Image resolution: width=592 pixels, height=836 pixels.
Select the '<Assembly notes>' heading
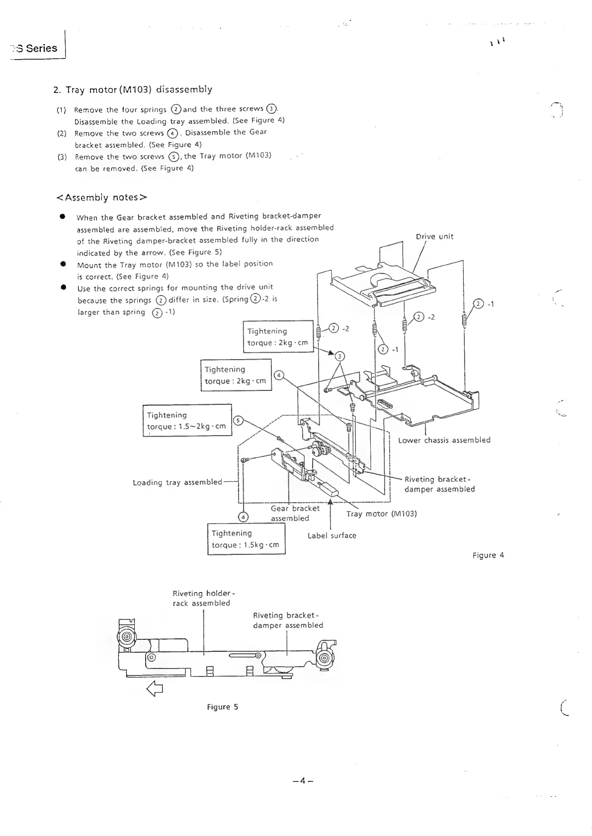(102, 198)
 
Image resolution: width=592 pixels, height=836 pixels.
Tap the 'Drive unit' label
(434, 236)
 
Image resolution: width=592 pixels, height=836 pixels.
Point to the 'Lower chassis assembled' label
(444, 440)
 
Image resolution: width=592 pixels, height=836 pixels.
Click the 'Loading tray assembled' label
(177, 482)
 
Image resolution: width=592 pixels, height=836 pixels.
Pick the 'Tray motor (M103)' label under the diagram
(381, 514)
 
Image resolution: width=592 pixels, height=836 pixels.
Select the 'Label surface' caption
(332, 535)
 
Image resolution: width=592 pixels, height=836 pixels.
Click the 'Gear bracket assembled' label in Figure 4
(295, 513)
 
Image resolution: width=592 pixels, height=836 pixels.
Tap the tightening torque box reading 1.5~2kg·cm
(187, 420)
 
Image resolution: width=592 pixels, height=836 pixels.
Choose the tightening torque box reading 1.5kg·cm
(246, 539)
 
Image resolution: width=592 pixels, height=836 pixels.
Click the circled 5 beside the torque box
(238, 421)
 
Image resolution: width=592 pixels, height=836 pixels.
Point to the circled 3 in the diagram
(339, 356)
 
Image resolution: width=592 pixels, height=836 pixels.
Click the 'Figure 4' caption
(488, 555)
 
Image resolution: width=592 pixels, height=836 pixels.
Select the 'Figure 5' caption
(222, 707)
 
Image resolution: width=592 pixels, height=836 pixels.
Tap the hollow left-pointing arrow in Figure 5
(155, 689)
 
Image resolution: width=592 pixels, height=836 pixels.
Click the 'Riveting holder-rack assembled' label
(201, 598)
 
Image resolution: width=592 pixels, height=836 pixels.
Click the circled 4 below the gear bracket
(243, 517)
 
